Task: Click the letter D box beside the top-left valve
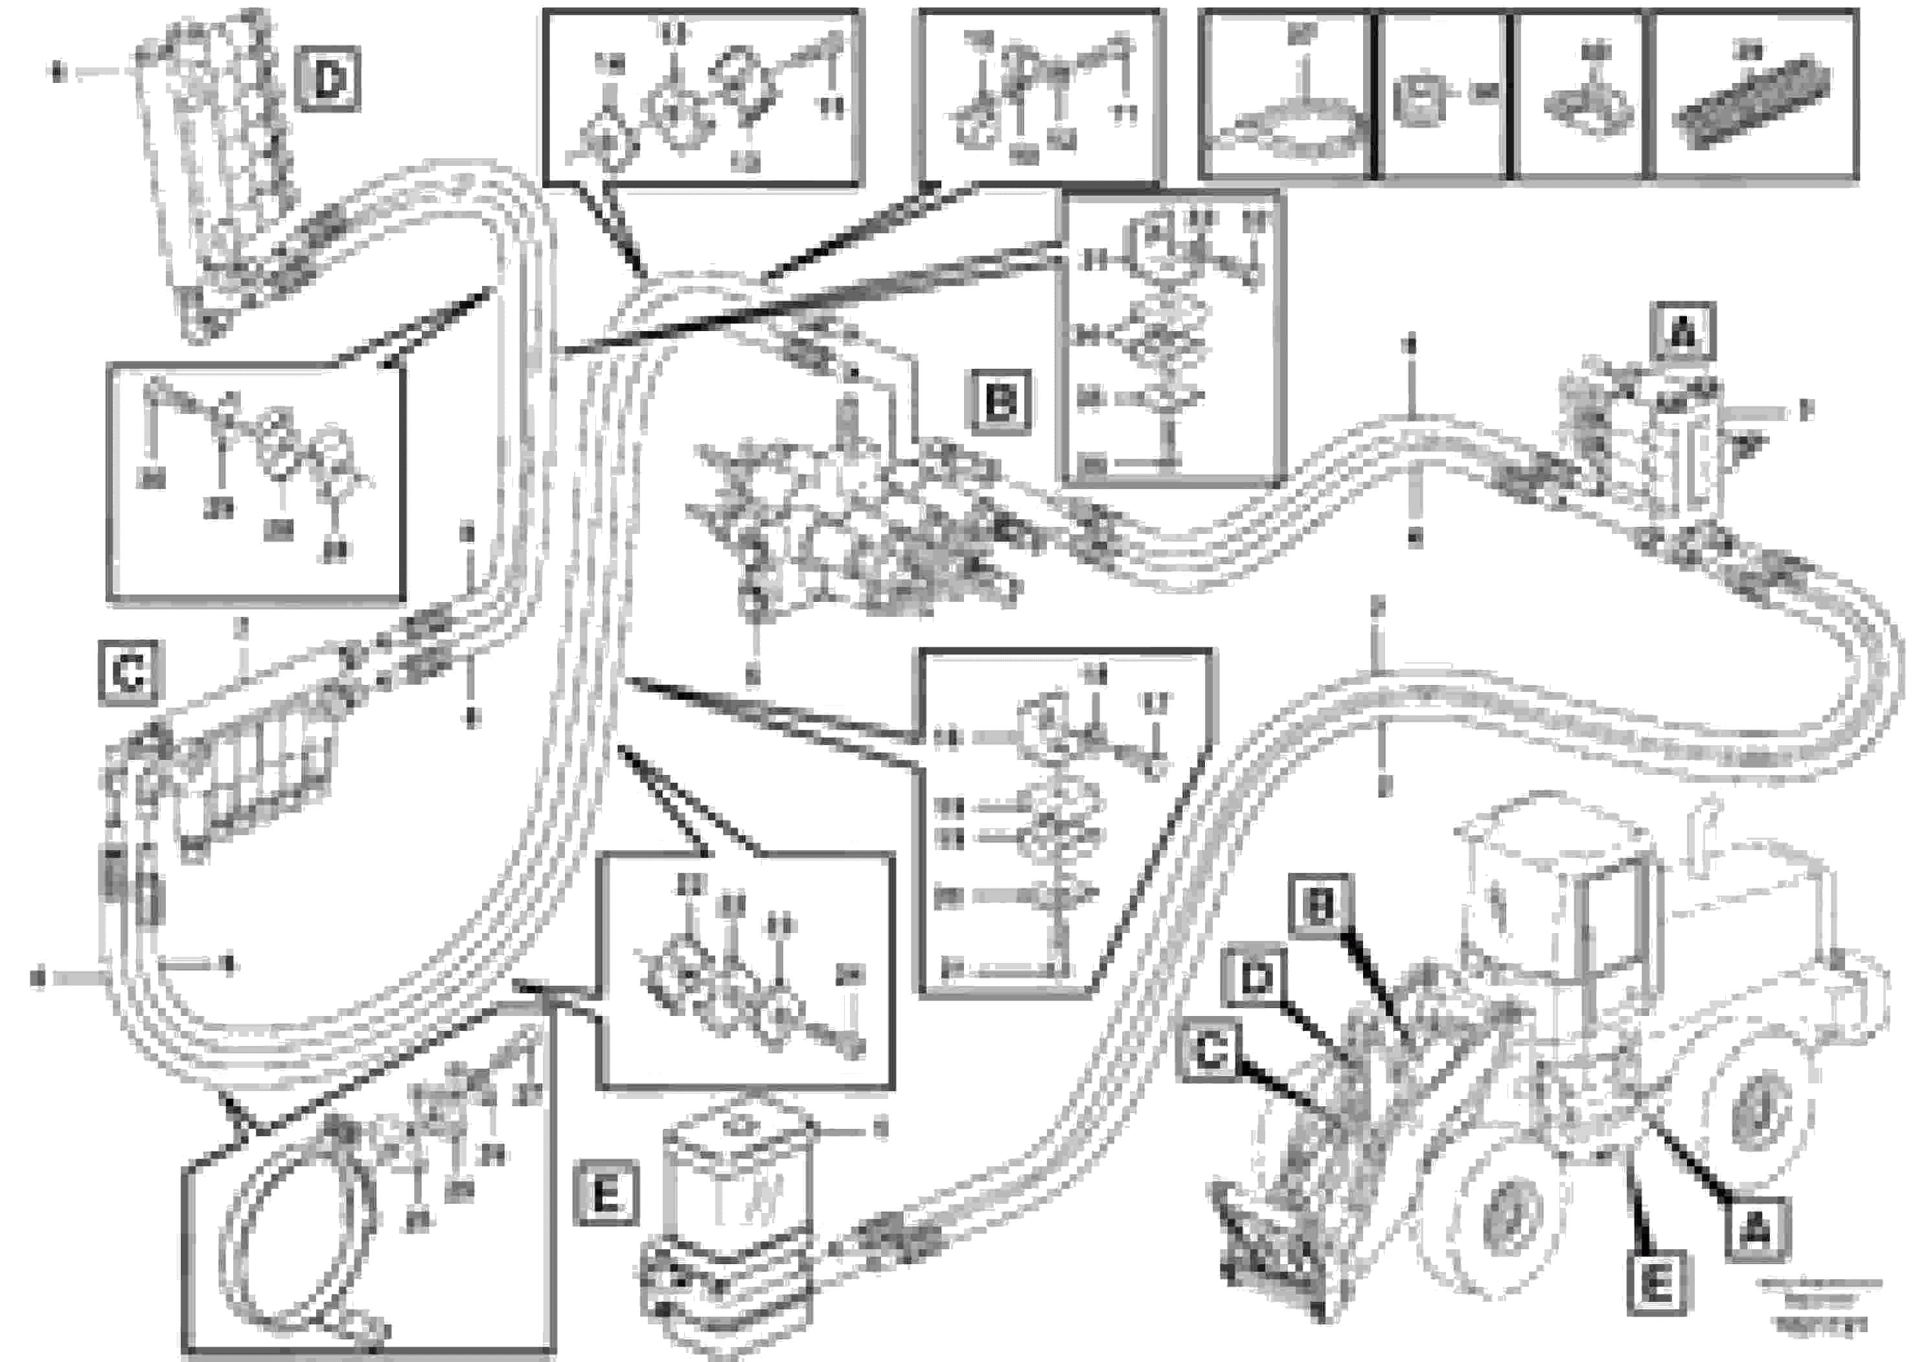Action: (x=328, y=80)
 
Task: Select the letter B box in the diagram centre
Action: (x=1001, y=402)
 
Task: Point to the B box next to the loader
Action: (x=1321, y=907)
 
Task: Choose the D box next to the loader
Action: (x=1256, y=977)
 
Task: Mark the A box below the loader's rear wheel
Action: (x=1757, y=1231)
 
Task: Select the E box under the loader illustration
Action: (x=1656, y=1283)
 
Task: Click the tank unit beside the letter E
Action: (x=731, y=1209)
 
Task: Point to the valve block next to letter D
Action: (x=222, y=168)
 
